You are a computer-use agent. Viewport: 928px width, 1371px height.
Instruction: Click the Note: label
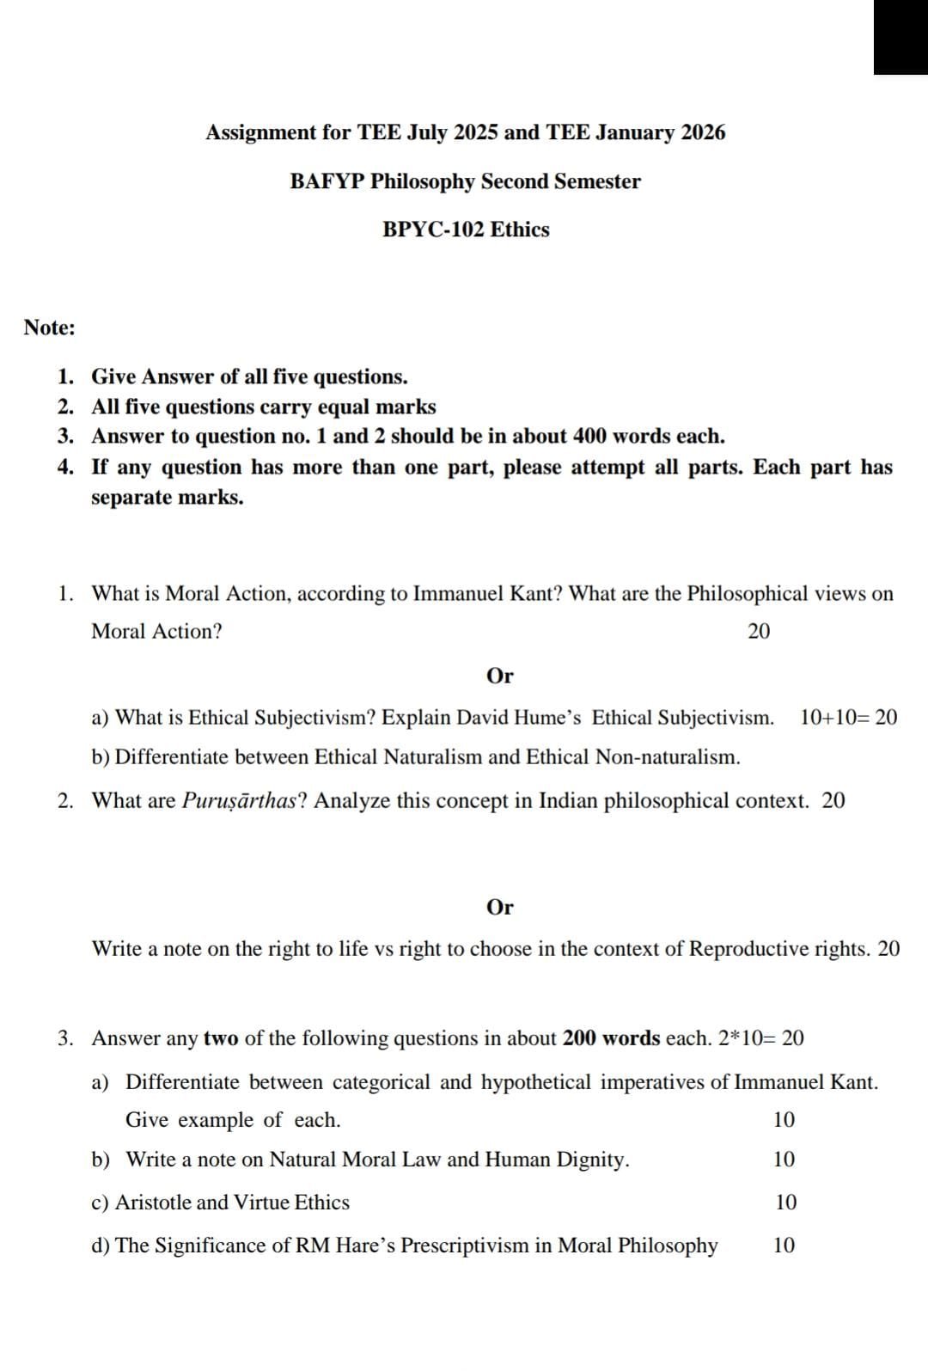(49, 327)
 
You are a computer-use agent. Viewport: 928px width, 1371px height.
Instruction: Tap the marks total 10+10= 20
(847, 718)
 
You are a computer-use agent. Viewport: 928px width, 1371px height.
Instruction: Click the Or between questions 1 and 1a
(499, 676)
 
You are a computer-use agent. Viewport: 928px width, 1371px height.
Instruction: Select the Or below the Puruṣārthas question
(499, 908)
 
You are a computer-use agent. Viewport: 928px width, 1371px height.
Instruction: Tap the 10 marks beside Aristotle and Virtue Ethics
(785, 1203)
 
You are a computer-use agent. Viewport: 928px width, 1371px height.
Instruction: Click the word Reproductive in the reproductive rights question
(749, 949)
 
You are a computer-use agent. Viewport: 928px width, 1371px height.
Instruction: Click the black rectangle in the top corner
(901, 36)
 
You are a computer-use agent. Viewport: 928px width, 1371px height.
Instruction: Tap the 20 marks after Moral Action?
(759, 632)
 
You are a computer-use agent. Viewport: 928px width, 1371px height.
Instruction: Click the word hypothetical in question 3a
(535, 1082)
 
